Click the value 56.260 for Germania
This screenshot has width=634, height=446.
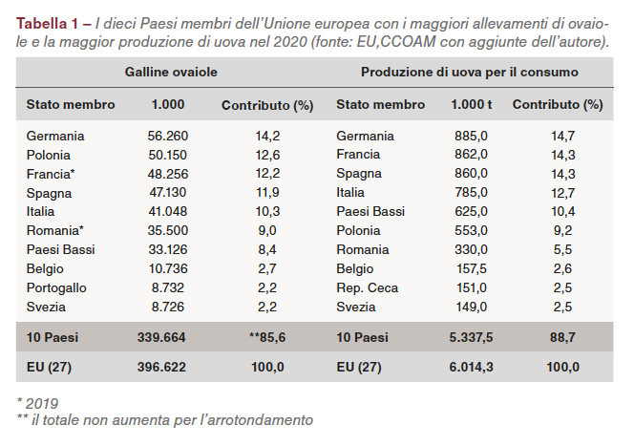click(168, 137)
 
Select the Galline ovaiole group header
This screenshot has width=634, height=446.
click(171, 73)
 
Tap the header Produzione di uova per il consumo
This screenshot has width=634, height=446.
click(469, 73)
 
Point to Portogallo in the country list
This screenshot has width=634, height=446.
click(57, 287)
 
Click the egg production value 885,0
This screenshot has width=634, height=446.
click(472, 137)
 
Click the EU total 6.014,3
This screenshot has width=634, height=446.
click(472, 367)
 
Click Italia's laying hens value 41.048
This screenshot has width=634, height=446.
click(168, 211)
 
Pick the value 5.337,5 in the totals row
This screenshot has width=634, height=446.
click(472, 337)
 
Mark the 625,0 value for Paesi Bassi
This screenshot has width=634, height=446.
click(472, 211)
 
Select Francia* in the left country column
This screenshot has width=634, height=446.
click(52, 174)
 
